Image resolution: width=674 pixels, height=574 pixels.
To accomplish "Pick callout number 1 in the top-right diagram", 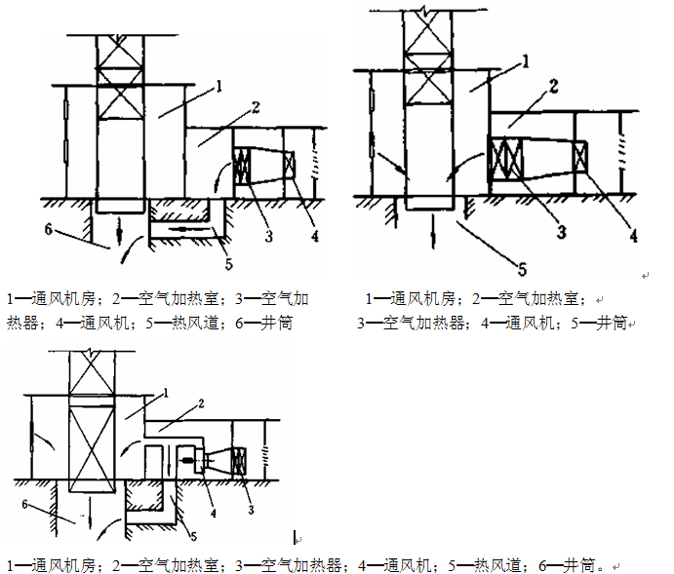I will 526,61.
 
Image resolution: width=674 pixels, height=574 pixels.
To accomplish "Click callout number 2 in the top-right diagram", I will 553,88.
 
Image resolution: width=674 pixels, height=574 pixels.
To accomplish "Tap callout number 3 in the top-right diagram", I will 562,231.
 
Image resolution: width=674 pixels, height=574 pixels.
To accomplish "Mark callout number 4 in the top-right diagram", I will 633,234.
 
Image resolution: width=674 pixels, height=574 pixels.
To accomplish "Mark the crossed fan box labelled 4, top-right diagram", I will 579,158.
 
